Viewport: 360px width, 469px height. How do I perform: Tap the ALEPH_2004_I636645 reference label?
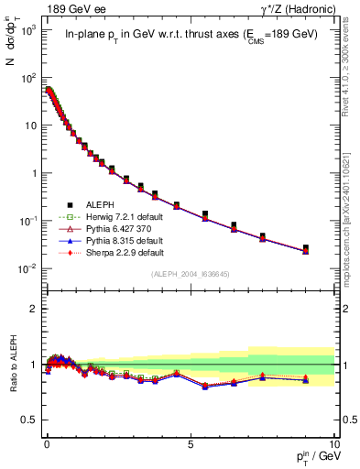click(x=191, y=273)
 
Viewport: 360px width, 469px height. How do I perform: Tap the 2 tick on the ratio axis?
click(x=35, y=309)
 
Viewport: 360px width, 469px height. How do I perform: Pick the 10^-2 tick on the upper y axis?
click(x=28, y=268)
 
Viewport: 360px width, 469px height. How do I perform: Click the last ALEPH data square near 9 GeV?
click(x=306, y=248)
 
